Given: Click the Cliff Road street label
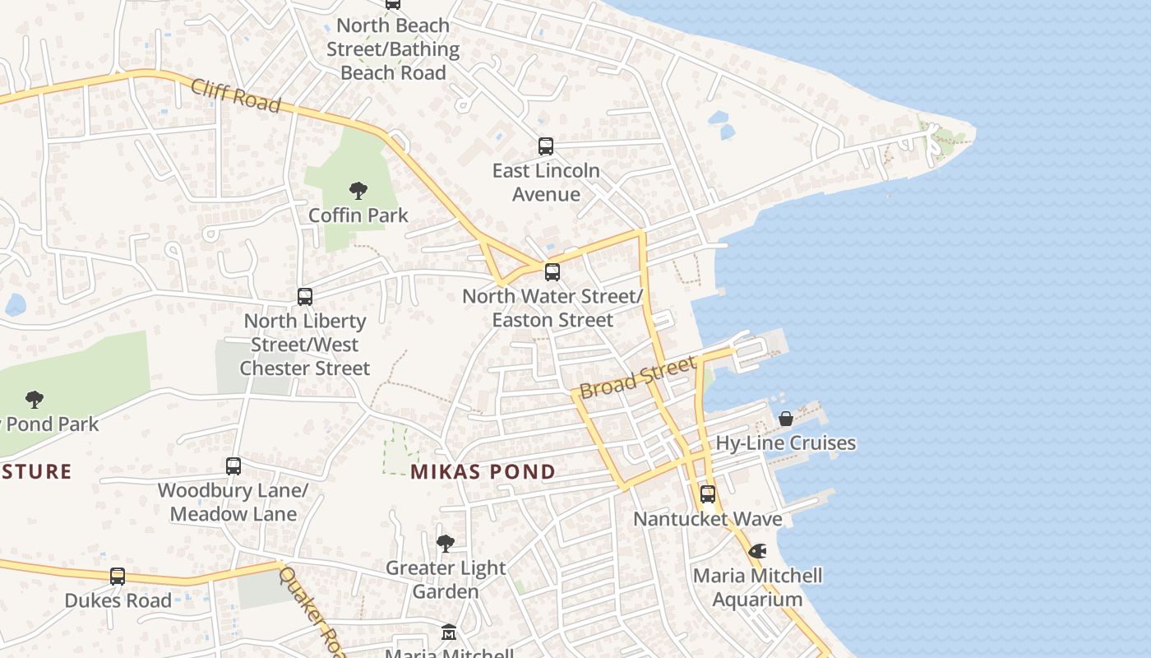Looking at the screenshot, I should click(236, 95).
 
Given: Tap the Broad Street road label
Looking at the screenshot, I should click(638, 377).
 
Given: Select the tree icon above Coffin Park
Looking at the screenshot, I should click(358, 191).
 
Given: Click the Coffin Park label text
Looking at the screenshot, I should click(358, 215).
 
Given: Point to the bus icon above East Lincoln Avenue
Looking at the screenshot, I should click(546, 146).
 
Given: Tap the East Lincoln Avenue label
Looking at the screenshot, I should click(546, 183).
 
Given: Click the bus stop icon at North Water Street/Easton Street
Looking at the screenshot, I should click(552, 271).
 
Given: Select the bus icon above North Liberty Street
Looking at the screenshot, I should click(305, 296).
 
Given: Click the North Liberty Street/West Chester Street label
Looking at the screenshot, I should click(305, 344).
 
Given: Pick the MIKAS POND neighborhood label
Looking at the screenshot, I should click(483, 472).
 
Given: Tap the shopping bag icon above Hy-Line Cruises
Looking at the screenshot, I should click(786, 419).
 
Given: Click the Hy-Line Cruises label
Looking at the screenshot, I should click(786, 443).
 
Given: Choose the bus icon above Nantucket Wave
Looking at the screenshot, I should click(708, 494).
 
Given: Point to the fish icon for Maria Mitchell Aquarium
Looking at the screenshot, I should click(757, 550).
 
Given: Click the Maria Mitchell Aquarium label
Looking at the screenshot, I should click(757, 587).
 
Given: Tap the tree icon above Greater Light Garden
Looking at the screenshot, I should click(446, 543).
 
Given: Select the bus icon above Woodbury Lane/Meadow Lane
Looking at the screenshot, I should click(233, 466).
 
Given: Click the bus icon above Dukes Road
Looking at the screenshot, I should click(118, 576).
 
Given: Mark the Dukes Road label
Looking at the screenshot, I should click(118, 600).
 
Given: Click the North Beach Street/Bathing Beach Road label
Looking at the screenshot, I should click(393, 49).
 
